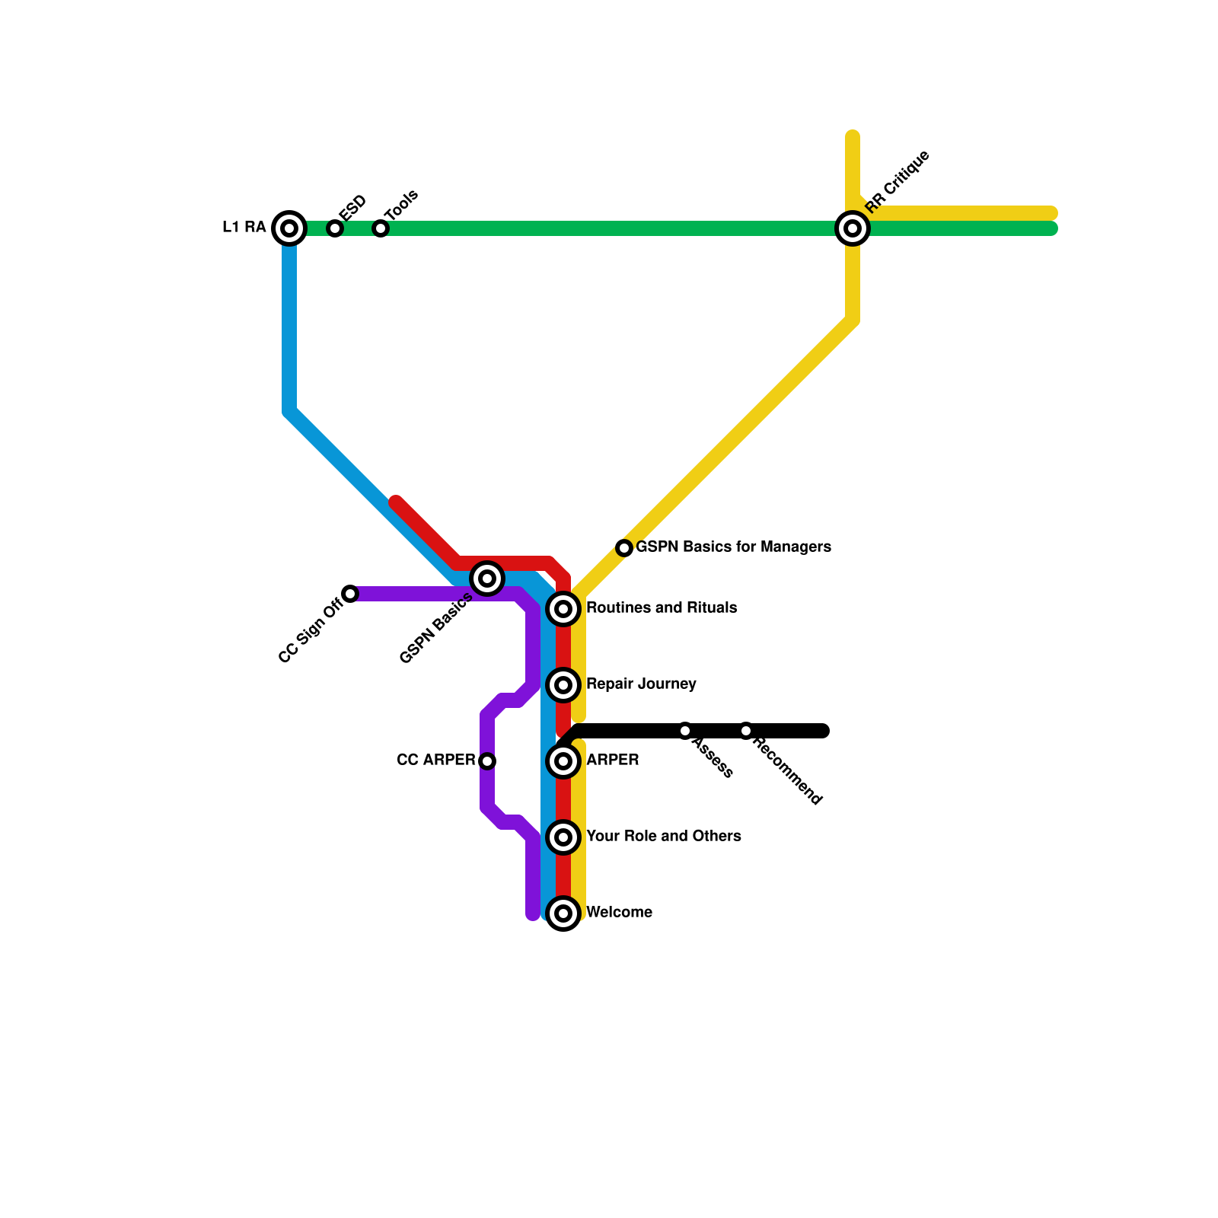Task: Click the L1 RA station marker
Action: click(x=289, y=228)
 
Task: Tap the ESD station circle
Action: click(x=335, y=228)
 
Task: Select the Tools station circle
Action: click(x=381, y=228)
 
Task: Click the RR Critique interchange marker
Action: click(x=853, y=228)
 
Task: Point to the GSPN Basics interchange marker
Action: click(x=487, y=579)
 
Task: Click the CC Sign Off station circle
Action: click(x=350, y=594)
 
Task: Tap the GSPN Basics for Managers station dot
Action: click(x=624, y=548)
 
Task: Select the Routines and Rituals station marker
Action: click(x=563, y=609)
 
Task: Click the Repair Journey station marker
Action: click(x=563, y=685)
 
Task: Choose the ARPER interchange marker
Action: click(x=563, y=760)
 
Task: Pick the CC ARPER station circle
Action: click(x=487, y=760)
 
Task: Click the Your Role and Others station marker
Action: click(x=563, y=837)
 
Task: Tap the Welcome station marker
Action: click(x=563, y=913)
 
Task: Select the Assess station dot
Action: click(x=685, y=731)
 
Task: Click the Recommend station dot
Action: click(x=746, y=731)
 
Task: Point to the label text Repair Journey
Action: click(x=641, y=684)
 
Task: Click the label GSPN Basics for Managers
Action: click(x=733, y=547)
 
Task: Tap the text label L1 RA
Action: click(x=244, y=228)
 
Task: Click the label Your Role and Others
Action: click(x=664, y=837)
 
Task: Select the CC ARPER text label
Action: click(x=436, y=760)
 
